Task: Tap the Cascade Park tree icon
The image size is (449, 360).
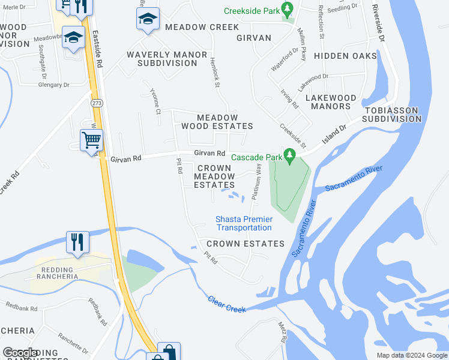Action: click(291, 157)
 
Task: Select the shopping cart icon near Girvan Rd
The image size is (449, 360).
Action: click(91, 140)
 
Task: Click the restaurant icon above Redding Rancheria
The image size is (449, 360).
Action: click(77, 241)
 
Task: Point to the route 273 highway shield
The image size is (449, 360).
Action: click(96, 103)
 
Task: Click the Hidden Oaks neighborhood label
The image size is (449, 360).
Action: click(345, 56)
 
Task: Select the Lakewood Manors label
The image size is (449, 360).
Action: click(331, 102)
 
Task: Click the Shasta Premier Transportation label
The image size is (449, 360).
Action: click(244, 224)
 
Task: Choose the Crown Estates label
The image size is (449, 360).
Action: click(245, 244)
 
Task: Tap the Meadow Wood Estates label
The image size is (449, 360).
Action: click(217, 122)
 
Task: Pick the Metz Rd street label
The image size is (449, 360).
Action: click(282, 332)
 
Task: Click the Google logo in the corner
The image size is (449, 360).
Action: click(21, 353)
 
